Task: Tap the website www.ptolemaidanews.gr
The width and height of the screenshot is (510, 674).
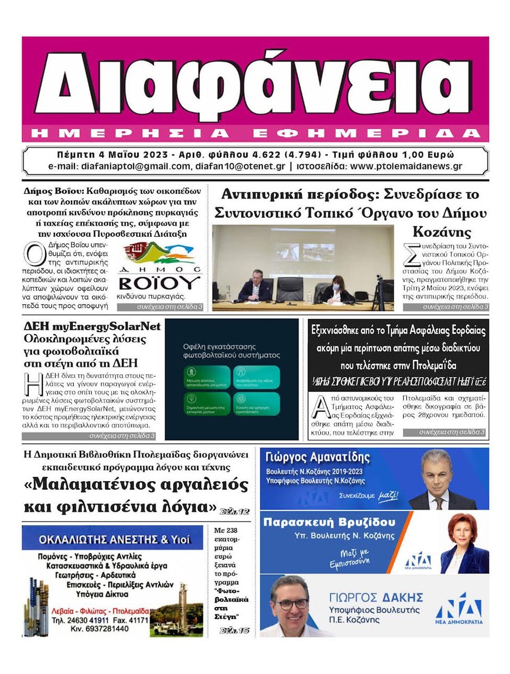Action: click(x=406, y=166)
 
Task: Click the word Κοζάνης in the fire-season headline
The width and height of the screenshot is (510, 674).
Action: click(x=442, y=232)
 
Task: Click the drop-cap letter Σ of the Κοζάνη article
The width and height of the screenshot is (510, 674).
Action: click(x=411, y=255)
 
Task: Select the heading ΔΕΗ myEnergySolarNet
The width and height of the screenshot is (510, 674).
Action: click(x=92, y=326)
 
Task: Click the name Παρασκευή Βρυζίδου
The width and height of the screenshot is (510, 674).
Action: click(x=329, y=522)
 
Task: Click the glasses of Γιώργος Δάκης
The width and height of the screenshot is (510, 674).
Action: click(x=290, y=604)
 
